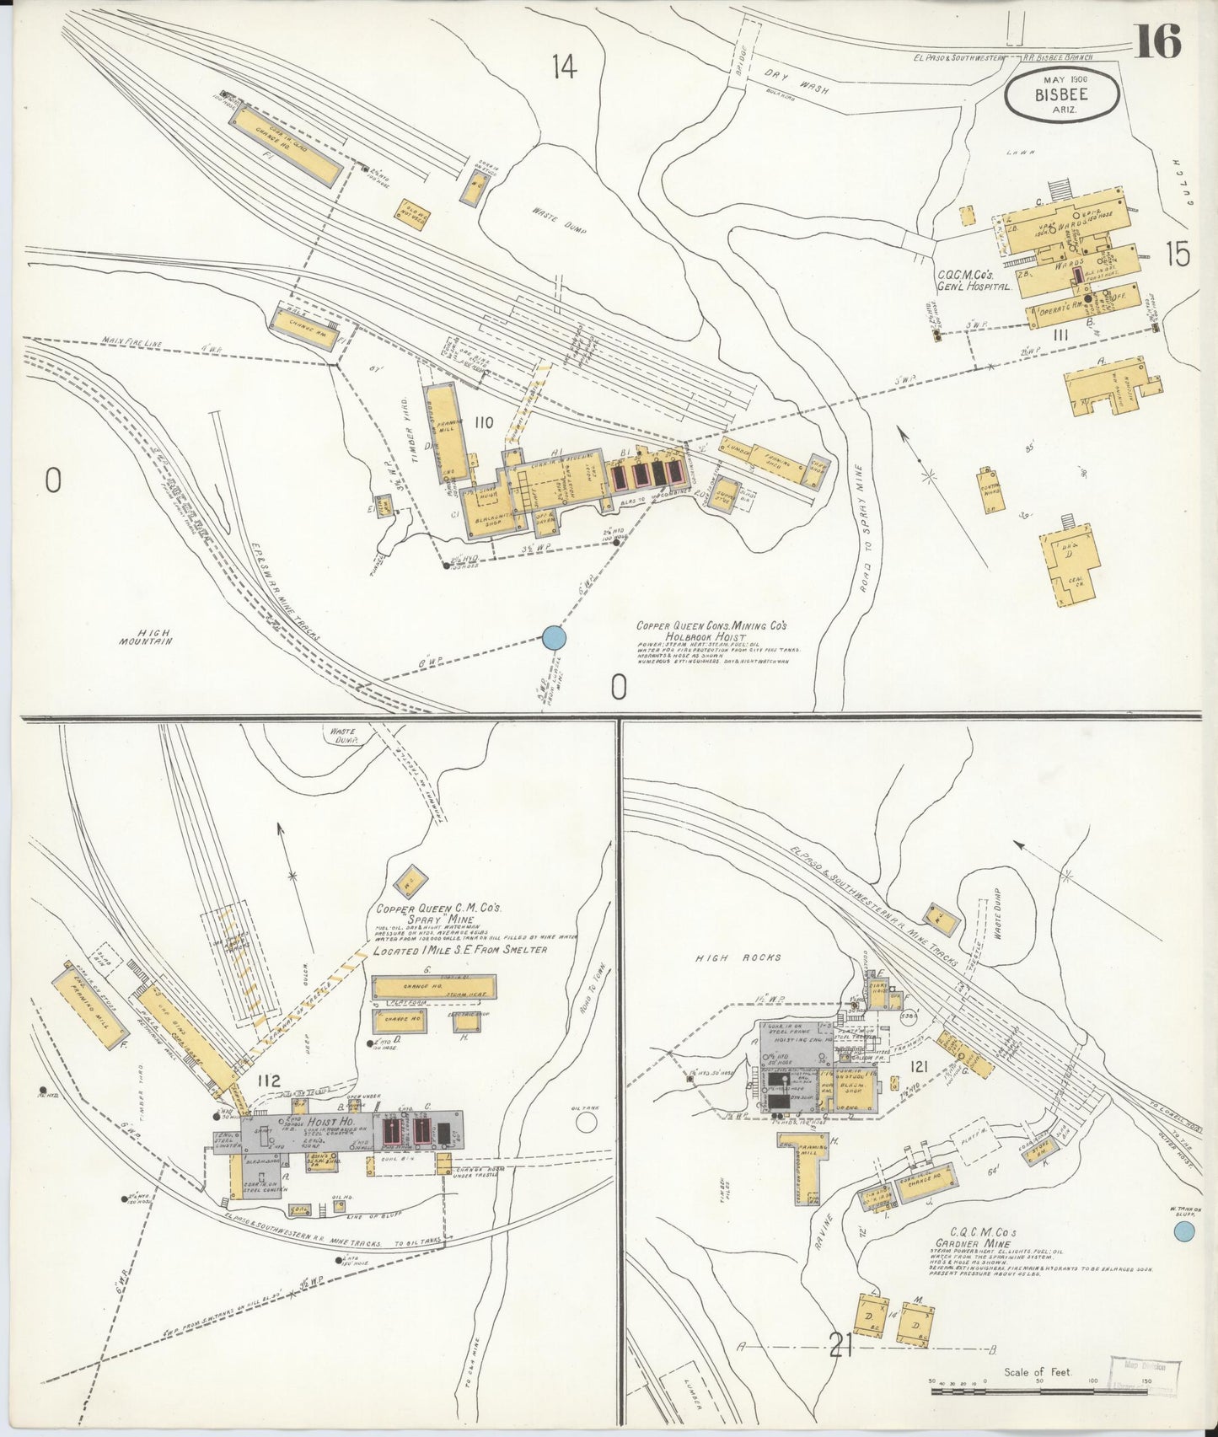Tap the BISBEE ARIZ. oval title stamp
click(x=1061, y=94)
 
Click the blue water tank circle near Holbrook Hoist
click(x=554, y=638)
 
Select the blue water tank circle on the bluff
click(x=1184, y=1232)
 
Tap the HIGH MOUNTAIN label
click(x=145, y=637)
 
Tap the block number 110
click(x=483, y=422)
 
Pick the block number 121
click(x=919, y=1068)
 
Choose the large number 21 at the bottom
click(x=840, y=1346)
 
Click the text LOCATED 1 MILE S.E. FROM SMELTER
click(x=459, y=950)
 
